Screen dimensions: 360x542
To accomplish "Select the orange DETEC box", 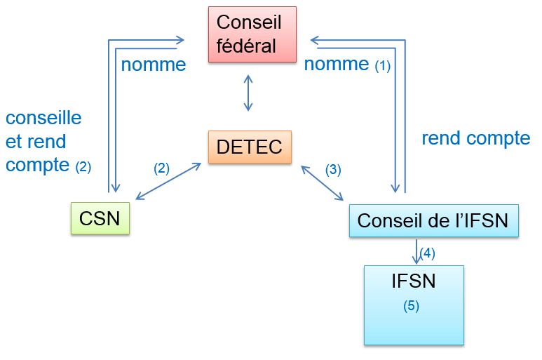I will point(250,147).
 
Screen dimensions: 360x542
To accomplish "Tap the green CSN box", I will point(100,218).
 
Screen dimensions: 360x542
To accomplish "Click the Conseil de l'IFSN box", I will point(433,220).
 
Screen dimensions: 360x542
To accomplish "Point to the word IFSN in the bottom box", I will point(413,281).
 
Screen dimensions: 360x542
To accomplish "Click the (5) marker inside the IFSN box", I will point(411,306).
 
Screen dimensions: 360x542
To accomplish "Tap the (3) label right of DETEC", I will point(333,169).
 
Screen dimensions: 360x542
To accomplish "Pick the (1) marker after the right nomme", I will point(382,67).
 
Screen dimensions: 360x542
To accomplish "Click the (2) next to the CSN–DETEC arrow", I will point(161,168).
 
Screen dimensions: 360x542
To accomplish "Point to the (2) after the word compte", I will point(83,167).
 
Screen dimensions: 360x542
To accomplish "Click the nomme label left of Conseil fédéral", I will point(154,65).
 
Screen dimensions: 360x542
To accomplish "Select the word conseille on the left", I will point(43,117).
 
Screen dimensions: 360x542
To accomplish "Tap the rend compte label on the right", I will point(475,138).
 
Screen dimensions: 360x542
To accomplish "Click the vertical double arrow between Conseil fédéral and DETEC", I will point(248,92).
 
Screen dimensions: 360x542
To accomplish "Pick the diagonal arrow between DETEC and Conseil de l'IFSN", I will point(322,183).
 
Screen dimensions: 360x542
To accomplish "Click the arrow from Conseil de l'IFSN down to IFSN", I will point(416,251).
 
